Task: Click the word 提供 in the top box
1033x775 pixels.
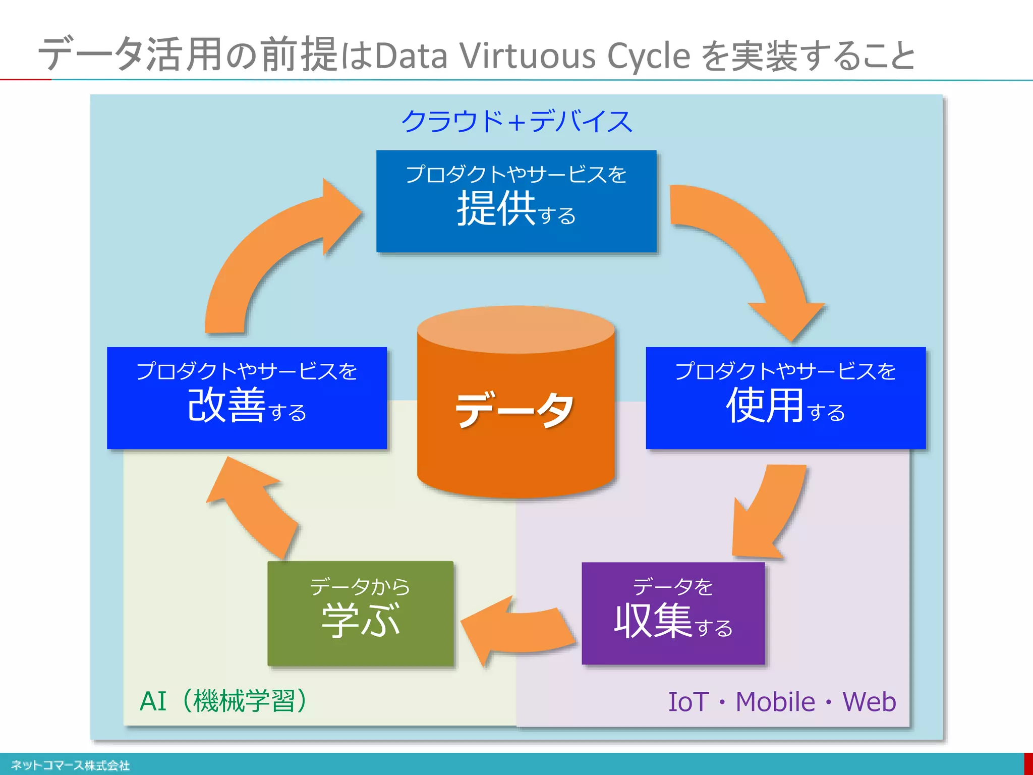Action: (x=496, y=208)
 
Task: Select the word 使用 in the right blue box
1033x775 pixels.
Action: (x=765, y=405)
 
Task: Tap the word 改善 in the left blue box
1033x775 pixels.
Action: (x=226, y=405)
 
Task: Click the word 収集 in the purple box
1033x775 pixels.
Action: (x=653, y=622)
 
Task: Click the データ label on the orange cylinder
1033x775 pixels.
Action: (x=515, y=410)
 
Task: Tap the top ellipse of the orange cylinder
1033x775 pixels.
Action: (x=516, y=329)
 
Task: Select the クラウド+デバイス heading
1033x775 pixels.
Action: (x=516, y=121)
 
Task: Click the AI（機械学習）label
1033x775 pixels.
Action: (x=223, y=701)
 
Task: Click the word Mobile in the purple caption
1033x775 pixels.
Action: (x=775, y=702)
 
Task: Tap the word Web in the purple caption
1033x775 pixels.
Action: (x=869, y=702)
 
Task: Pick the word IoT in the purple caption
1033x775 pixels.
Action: (x=688, y=702)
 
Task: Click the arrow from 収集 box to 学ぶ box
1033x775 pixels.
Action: (x=520, y=631)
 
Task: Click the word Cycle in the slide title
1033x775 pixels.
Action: (x=649, y=56)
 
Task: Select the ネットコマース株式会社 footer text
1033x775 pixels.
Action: (x=70, y=765)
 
